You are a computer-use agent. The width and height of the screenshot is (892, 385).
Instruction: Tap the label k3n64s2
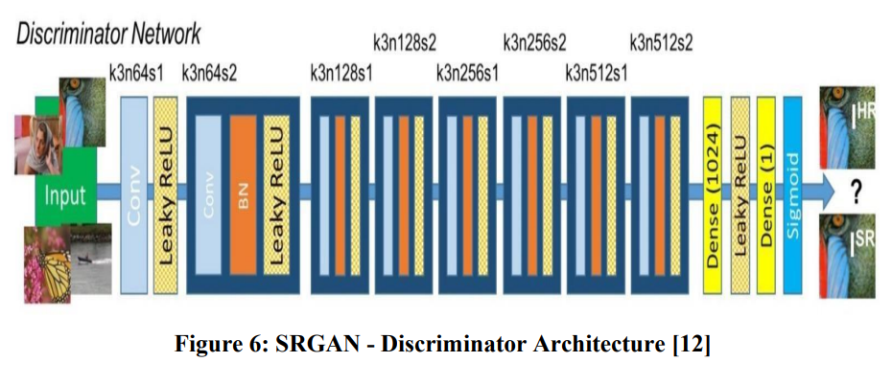point(209,73)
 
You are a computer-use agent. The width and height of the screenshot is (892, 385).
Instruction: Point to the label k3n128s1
point(340,73)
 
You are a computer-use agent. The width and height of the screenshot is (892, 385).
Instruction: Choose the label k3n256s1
point(468,73)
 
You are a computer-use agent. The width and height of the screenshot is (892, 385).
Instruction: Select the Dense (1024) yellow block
point(713,194)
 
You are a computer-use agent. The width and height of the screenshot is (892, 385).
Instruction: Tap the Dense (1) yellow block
point(765,194)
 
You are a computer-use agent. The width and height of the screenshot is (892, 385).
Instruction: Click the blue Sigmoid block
point(792,194)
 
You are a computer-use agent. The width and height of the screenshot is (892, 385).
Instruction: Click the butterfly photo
point(47,263)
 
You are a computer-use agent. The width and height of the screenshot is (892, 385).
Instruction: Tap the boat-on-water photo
point(91,258)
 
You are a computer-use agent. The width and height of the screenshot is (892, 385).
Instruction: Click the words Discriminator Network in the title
point(108,34)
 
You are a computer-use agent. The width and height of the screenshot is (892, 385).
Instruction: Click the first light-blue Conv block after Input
point(133,194)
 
